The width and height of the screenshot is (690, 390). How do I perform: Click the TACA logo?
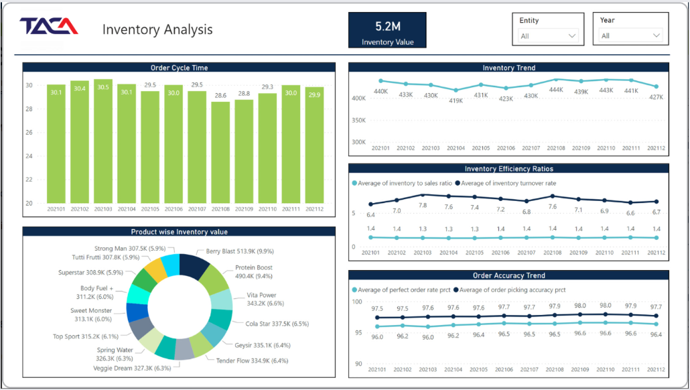(x=48, y=26)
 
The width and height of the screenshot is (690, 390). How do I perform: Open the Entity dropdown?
(x=548, y=36)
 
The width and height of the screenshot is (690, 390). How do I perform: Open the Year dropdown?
(x=630, y=36)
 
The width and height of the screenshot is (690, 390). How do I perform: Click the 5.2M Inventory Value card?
(x=387, y=30)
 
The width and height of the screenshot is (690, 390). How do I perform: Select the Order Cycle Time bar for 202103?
(x=103, y=141)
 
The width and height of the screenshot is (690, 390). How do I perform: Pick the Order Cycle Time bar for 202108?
(x=220, y=153)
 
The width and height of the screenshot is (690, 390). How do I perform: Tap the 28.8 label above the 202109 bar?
(x=244, y=94)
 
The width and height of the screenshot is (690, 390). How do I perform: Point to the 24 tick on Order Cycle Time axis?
(x=29, y=156)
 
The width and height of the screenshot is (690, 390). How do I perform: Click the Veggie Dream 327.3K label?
(x=132, y=368)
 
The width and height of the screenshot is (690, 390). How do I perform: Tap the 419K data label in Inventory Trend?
(x=456, y=101)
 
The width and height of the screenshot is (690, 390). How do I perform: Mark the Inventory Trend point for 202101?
(x=381, y=81)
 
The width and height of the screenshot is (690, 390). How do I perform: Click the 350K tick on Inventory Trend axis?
(x=358, y=120)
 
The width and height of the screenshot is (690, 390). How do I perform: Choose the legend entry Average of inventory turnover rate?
(x=506, y=183)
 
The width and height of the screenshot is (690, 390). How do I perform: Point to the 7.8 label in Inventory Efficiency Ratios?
(x=423, y=205)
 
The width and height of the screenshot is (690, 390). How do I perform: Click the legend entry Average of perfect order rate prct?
(x=401, y=290)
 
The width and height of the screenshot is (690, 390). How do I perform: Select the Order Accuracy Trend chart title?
(x=508, y=275)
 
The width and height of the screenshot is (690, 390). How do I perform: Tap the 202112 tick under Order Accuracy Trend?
(x=656, y=369)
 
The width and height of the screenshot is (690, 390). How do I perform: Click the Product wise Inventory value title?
(x=179, y=232)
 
